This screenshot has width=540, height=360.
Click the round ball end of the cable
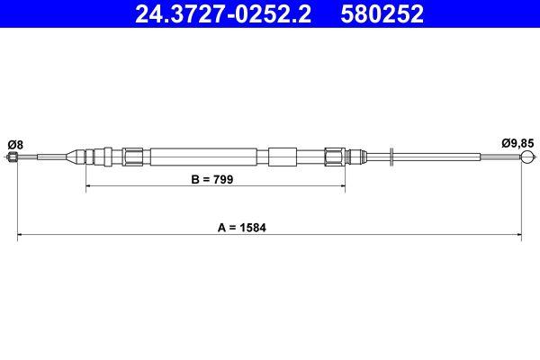pos(528,157)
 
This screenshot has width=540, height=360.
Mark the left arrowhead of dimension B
pos(88,187)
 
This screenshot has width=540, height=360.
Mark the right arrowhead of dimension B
pos(343,187)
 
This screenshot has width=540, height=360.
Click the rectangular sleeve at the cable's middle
pos(282,157)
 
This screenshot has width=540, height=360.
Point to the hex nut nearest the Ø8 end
pos(133,157)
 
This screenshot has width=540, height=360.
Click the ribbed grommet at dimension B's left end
pos(96,157)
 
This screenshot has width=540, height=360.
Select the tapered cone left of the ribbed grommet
pos(72,157)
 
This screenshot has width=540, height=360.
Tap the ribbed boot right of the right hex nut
pos(355,157)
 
